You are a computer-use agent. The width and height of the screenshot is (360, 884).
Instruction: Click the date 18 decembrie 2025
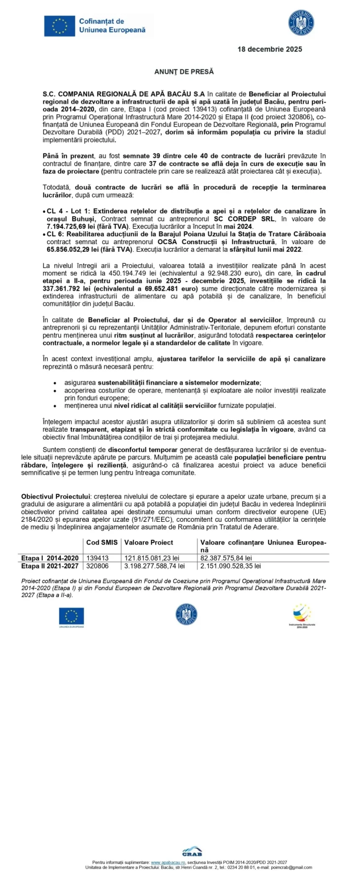pos(270,49)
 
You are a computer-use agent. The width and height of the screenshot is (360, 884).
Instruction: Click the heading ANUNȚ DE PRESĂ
pos(184,72)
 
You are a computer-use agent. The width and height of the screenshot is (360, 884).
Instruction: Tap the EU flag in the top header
pos(59,25)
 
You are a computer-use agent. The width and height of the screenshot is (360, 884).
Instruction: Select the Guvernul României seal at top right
pos(301,23)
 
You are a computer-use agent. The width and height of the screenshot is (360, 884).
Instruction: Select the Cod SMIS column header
pos(102,542)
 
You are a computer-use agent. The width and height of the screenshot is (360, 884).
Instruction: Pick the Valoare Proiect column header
pos(149,542)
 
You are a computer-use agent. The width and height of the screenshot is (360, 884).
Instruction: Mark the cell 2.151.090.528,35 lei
pos(231,566)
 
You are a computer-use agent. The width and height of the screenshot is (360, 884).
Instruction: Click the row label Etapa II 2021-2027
pos(50,566)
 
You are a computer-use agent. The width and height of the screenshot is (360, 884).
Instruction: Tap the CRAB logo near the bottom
pos(192,853)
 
